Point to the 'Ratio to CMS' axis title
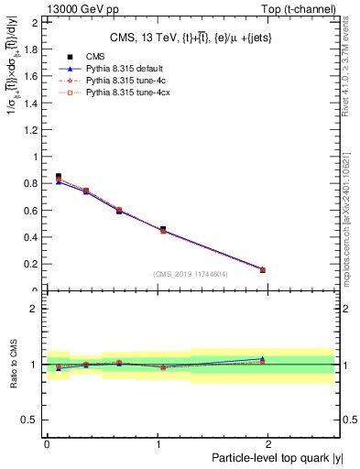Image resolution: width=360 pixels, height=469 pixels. tap(12, 364)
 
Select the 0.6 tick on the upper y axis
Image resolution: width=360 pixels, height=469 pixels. tap(33, 211)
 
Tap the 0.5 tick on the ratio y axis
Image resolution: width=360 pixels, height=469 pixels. tap(33, 420)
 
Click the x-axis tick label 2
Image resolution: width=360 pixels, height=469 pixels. tap(270, 443)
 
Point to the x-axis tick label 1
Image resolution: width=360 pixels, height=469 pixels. tap(158, 443)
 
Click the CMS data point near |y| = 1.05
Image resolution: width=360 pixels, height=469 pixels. tap(163, 229)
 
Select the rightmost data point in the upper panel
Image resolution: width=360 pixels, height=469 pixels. tap(263, 269)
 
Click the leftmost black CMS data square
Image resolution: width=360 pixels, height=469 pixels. tap(59, 176)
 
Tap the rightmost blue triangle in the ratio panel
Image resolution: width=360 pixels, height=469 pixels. tap(263, 358)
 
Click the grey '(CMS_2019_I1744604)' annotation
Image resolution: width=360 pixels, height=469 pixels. tap(191, 274)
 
